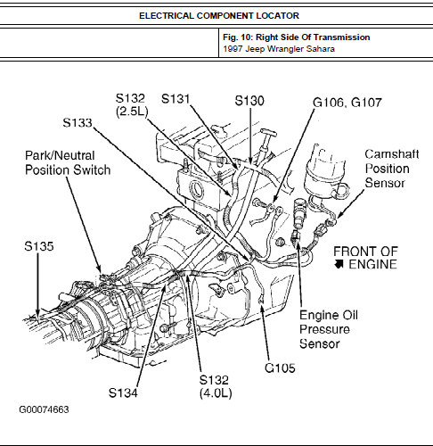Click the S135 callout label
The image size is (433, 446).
point(39,246)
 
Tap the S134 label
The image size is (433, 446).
point(123,392)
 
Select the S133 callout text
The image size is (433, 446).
point(78,122)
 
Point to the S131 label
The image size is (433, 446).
point(176,99)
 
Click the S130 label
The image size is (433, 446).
point(249,101)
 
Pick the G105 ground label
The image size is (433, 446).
point(280,368)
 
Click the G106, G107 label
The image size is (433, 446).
point(347,103)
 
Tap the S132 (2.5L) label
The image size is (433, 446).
point(131,104)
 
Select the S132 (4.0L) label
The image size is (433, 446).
point(216,386)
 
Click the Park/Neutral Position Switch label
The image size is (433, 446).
point(68,162)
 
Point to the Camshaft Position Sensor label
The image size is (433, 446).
point(392,169)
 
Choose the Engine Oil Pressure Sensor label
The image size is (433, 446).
point(329,329)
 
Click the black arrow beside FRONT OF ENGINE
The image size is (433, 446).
point(339,264)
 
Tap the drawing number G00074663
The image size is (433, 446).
point(44,409)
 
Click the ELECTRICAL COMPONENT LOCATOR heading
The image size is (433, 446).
point(219,15)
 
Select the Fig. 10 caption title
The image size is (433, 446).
point(297,37)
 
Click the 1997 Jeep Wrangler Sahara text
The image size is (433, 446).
point(279,49)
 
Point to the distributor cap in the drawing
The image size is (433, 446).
point(325,168)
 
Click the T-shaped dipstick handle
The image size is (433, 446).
point(268,134)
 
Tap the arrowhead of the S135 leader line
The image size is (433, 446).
point(37,317)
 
